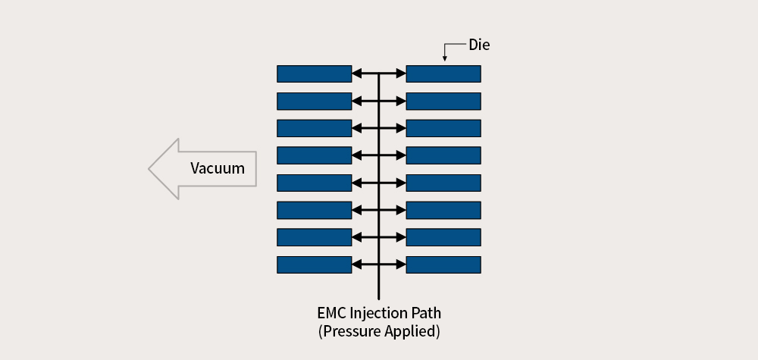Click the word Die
(479, 45)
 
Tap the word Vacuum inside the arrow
(218, 168)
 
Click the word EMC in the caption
(331, 313)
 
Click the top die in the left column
(315, 74)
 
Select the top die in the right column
(443, 74)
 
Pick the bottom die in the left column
(315, 265)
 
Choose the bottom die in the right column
(443, 265)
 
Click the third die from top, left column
(315, 129)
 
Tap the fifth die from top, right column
(443, 183)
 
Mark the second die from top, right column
(443, 102)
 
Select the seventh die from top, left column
(315, 237)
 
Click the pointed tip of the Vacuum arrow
(149, 169)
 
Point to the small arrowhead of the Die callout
(445, 59)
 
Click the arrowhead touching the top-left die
(356, 74)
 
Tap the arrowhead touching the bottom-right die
(401, 265)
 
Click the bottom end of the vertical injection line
(378, 299)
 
